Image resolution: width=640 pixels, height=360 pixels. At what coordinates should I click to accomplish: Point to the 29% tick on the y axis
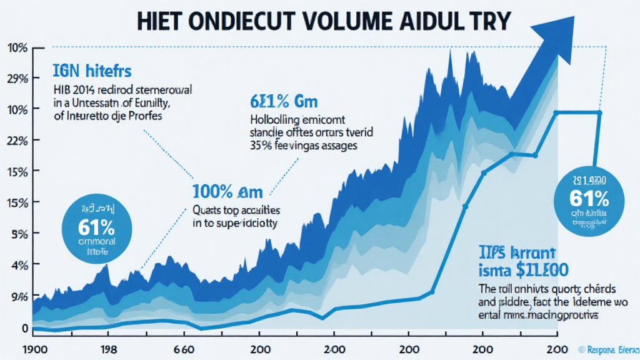point(17,79)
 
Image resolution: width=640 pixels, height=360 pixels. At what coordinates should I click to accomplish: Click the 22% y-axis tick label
point(17,141)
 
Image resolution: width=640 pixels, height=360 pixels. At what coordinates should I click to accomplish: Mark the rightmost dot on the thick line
point(599,112)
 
